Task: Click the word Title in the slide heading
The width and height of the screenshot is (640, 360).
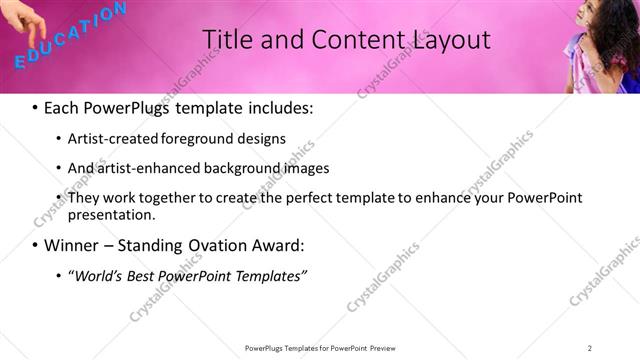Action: (226, 40)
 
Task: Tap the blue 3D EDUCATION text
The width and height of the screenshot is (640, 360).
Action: (70, 36)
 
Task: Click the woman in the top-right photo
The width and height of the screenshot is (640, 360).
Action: (600, 45)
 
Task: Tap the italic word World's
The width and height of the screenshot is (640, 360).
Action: (96, 274)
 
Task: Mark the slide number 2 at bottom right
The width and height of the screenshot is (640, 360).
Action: (590, 348)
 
